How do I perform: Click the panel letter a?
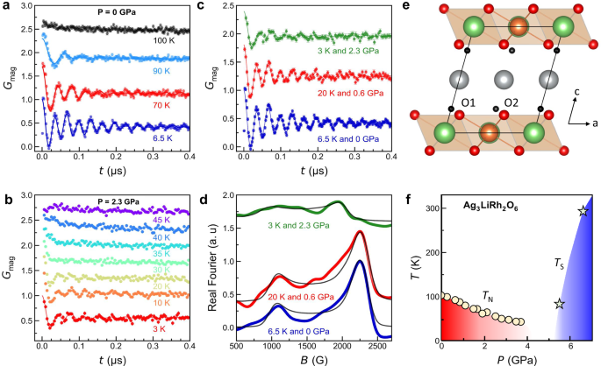pos(5,7)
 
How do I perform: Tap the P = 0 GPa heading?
pos(110,12)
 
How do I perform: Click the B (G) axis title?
pos(312,359)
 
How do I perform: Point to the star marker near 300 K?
pos(583,211)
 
